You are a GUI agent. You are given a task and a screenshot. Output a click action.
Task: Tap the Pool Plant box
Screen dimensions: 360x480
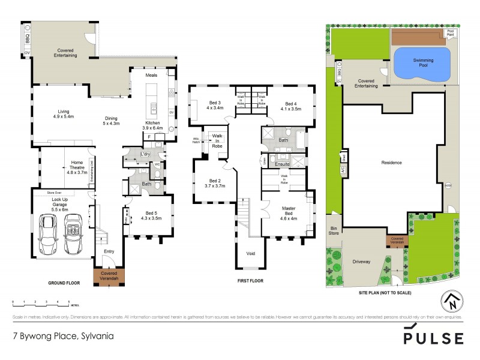450,33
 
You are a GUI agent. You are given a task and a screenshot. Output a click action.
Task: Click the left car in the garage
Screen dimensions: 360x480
48,232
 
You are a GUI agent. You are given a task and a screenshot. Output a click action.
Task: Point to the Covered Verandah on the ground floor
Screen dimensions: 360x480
106,277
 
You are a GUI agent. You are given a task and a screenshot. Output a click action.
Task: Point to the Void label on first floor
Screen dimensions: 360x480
250,253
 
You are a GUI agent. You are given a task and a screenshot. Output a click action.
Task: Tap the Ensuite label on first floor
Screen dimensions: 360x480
283,164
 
